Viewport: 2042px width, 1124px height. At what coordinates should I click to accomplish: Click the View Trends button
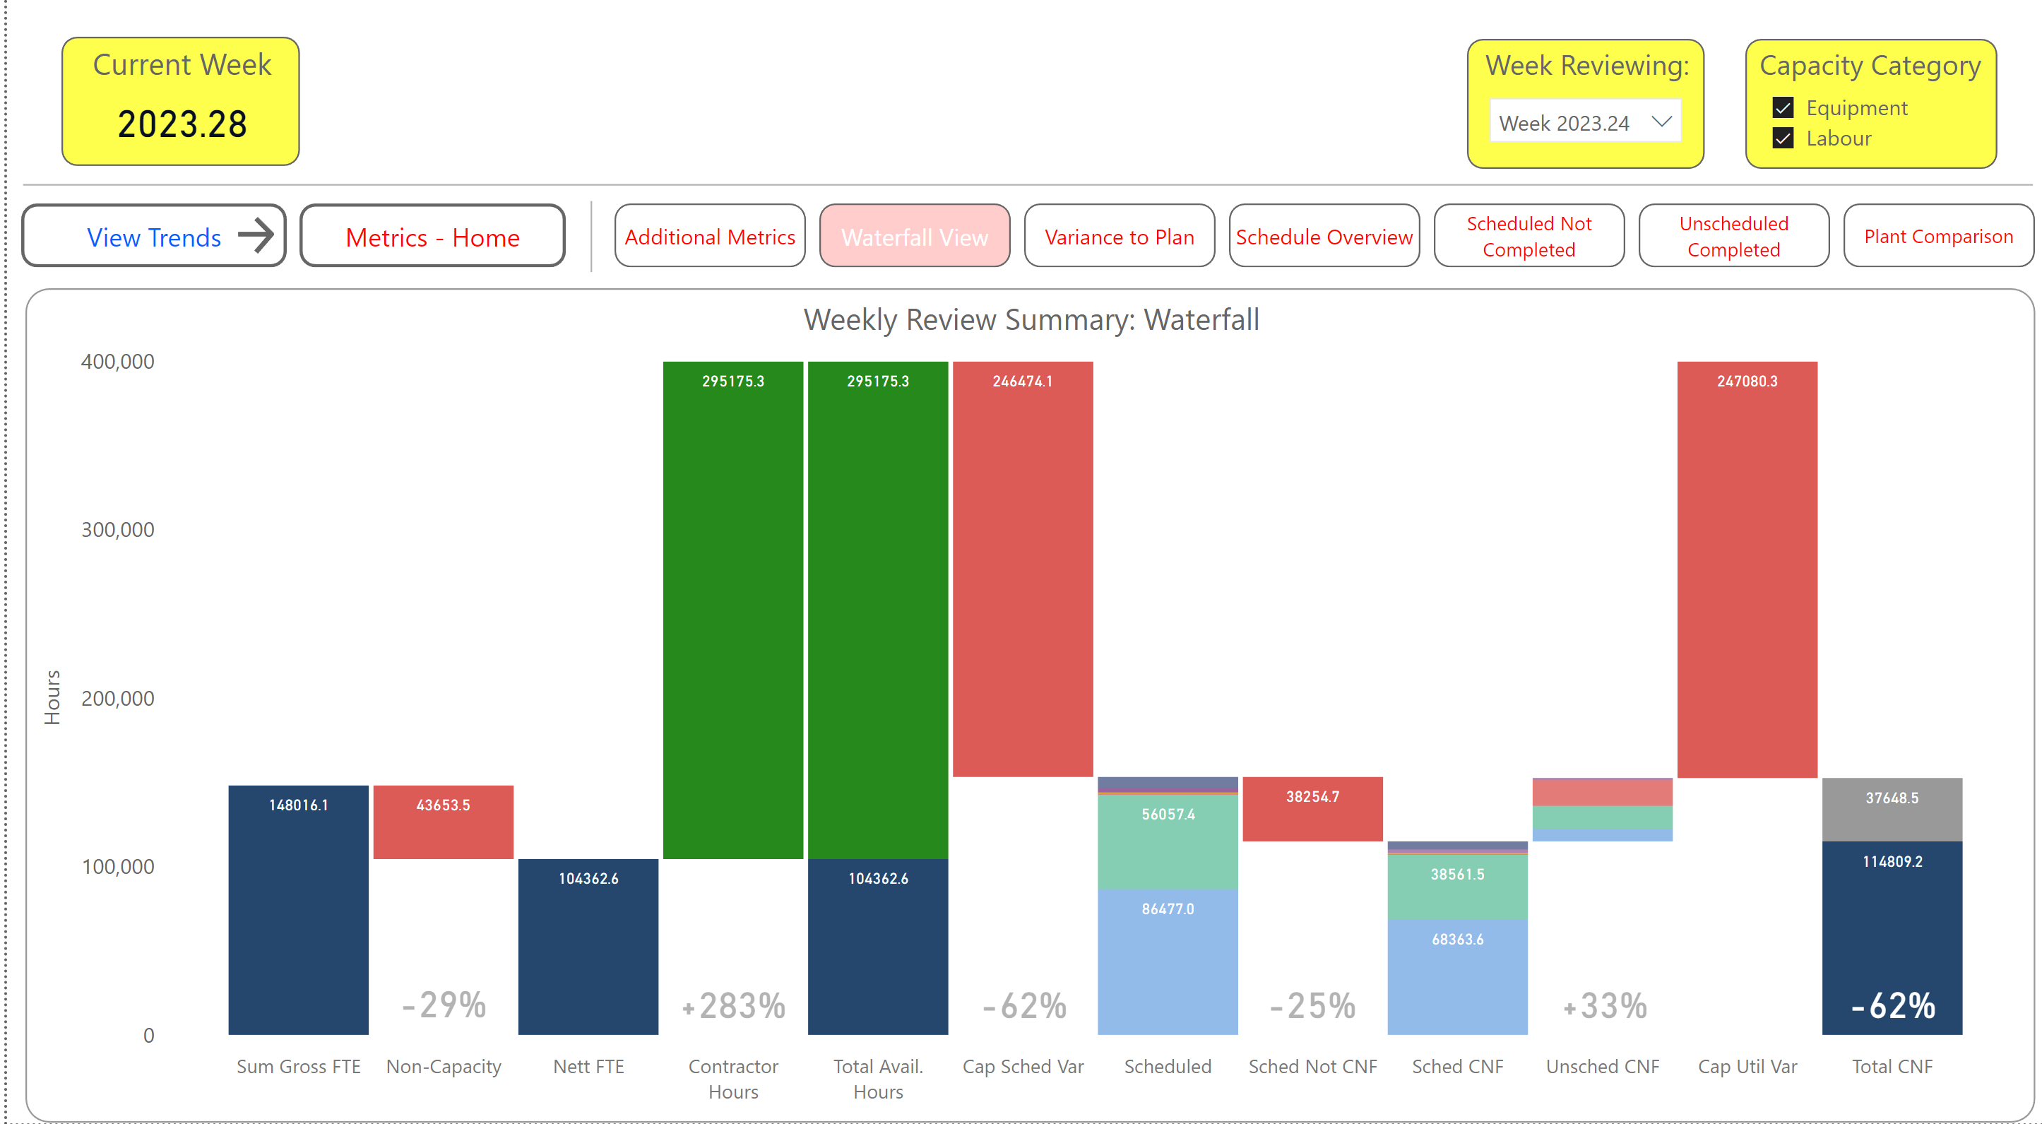[154, 236]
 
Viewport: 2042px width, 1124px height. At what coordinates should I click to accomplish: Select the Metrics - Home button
[432, 236]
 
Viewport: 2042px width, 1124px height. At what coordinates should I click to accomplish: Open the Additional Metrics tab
[709, 236]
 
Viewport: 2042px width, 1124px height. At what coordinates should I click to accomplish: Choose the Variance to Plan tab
[1119, 236]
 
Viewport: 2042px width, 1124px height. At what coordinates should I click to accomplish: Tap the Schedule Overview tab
[1323, 236]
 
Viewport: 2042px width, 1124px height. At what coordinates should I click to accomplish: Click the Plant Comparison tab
[1937, 236]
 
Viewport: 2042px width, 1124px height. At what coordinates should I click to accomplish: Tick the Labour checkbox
[1783, 138]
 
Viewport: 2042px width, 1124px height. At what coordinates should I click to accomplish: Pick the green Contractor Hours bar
[732, 610]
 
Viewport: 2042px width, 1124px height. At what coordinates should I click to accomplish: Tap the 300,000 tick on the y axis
[117, 529]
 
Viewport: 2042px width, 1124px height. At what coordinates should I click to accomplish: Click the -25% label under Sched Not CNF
[1312, 1005]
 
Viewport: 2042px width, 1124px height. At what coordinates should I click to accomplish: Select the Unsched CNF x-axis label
[1602, 1066]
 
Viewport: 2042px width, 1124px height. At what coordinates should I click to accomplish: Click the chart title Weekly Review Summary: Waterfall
[1031, 319]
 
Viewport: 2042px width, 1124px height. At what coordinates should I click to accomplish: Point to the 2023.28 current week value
[182, 124]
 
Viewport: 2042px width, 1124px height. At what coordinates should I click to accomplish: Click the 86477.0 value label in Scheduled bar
[1167, 909]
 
